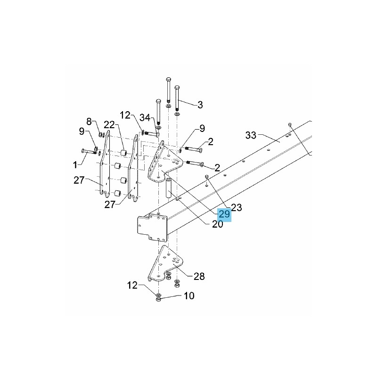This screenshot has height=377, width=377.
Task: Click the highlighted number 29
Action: click(x=224, y=214)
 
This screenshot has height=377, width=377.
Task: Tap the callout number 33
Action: click(x=251, y=135)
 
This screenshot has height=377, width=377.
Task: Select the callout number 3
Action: click(x=200, y=105)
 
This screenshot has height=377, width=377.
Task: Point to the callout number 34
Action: click(x=145, y=118)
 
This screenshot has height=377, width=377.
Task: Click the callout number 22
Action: click(x=109, y=125)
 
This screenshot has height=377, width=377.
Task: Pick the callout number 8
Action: click(x=89, y=122)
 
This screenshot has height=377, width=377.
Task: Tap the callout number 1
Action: click(x=75, y=165)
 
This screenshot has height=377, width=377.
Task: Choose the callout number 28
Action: click(x=199, y=277)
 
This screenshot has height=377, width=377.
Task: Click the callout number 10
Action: click(x=189, y=296)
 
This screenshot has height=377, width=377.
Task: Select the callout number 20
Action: click(x=217, y=224)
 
